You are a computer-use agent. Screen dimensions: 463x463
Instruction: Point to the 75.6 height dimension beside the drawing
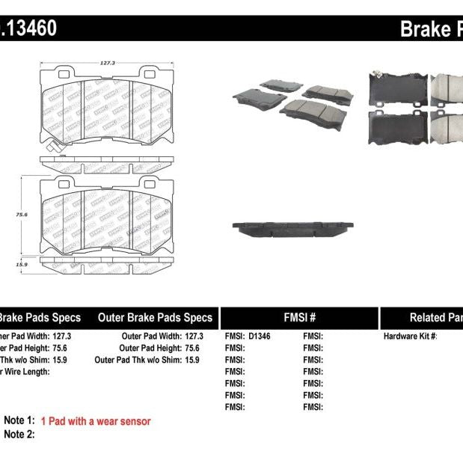click(23, 214)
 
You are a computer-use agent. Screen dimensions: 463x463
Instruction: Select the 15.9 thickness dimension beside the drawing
click(23, 263)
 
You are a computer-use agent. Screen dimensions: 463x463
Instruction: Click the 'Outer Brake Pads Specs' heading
click(155, 317)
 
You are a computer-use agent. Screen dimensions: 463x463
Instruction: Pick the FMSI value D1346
click(260, 337)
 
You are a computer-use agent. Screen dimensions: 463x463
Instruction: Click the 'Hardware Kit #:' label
click(410, 337)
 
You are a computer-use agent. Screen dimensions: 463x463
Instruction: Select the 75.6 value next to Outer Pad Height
click(194, 348)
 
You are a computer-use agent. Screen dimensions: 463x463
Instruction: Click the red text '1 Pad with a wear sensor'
click(96, 422)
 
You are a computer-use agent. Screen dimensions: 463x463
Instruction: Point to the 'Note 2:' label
click(19, 434)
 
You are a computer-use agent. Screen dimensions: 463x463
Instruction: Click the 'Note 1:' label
click(19, 422)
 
